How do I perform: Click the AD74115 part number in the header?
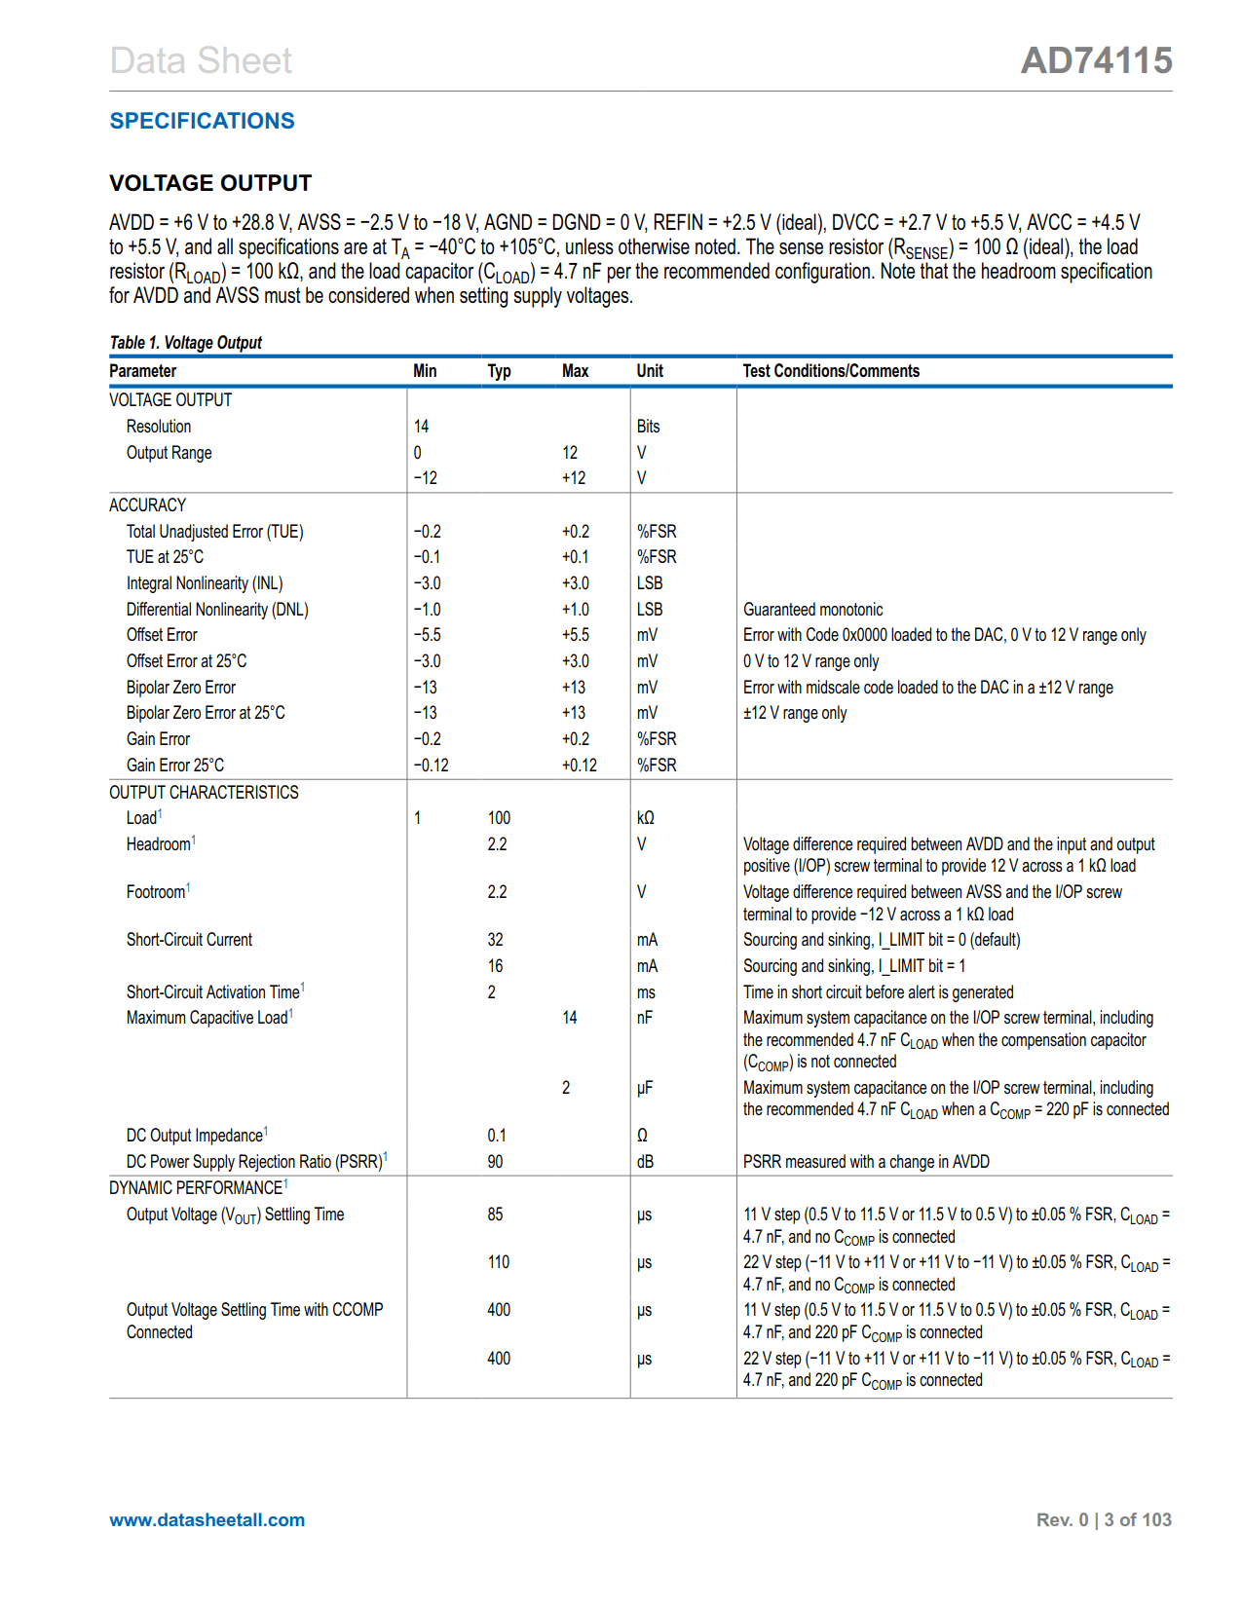pos(1096,60)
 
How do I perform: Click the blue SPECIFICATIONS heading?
pos(202,121)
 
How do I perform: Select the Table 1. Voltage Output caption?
pos(185,343)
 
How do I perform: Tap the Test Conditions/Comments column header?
pos(830,371)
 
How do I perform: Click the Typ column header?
pos(499,371)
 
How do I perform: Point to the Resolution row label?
pos(159,427)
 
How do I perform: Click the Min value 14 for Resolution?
pos(421,427)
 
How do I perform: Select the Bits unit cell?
pos(648,427)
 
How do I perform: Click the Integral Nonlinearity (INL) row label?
pos(205,583)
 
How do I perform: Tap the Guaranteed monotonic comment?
pos(812,610)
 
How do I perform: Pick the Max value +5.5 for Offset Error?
pos(575,635)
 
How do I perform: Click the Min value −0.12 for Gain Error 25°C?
pos(431,766)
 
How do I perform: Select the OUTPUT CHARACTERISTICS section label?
pos(204,793)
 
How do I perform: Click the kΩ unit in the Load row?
pos(645,818)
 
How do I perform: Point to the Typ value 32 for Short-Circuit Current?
pos(495,940)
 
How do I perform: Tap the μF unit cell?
pos(644,1088)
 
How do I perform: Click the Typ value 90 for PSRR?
pos(495,1162)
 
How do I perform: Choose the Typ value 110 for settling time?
pos(498,1262)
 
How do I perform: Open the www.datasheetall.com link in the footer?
pos(207,1520)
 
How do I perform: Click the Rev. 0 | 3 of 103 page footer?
pos(1103,1520)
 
